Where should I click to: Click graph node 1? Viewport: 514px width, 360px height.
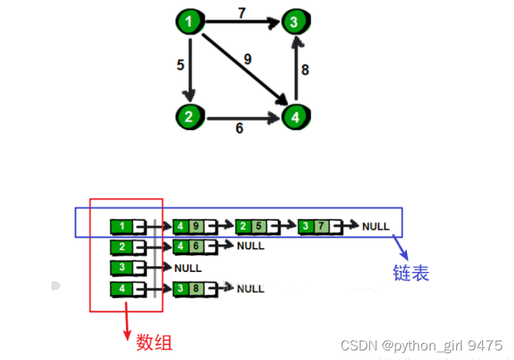(190, 21)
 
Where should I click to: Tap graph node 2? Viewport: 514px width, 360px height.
(190, 116)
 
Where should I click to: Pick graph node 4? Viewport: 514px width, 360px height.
(295, 116)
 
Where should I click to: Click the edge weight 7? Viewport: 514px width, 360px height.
(241, 13)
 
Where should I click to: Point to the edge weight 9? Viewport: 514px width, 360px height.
(247, 59)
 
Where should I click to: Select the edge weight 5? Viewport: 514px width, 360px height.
(180, 65)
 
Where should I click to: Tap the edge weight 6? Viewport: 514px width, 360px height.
(239, 128)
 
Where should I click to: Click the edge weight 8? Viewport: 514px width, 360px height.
(305, 71)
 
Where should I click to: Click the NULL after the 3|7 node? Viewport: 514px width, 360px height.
(376, 226)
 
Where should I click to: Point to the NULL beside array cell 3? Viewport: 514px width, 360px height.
(188, 268)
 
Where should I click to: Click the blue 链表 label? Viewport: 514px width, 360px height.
(411, 273)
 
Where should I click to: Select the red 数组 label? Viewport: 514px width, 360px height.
(154, 342)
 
